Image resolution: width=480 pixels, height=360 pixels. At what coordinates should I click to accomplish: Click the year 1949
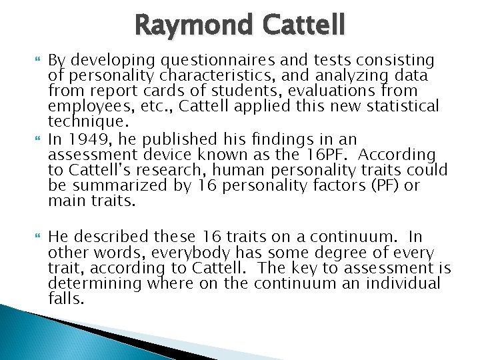(84, 139)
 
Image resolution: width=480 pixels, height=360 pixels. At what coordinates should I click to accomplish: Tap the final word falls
(67, 299)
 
